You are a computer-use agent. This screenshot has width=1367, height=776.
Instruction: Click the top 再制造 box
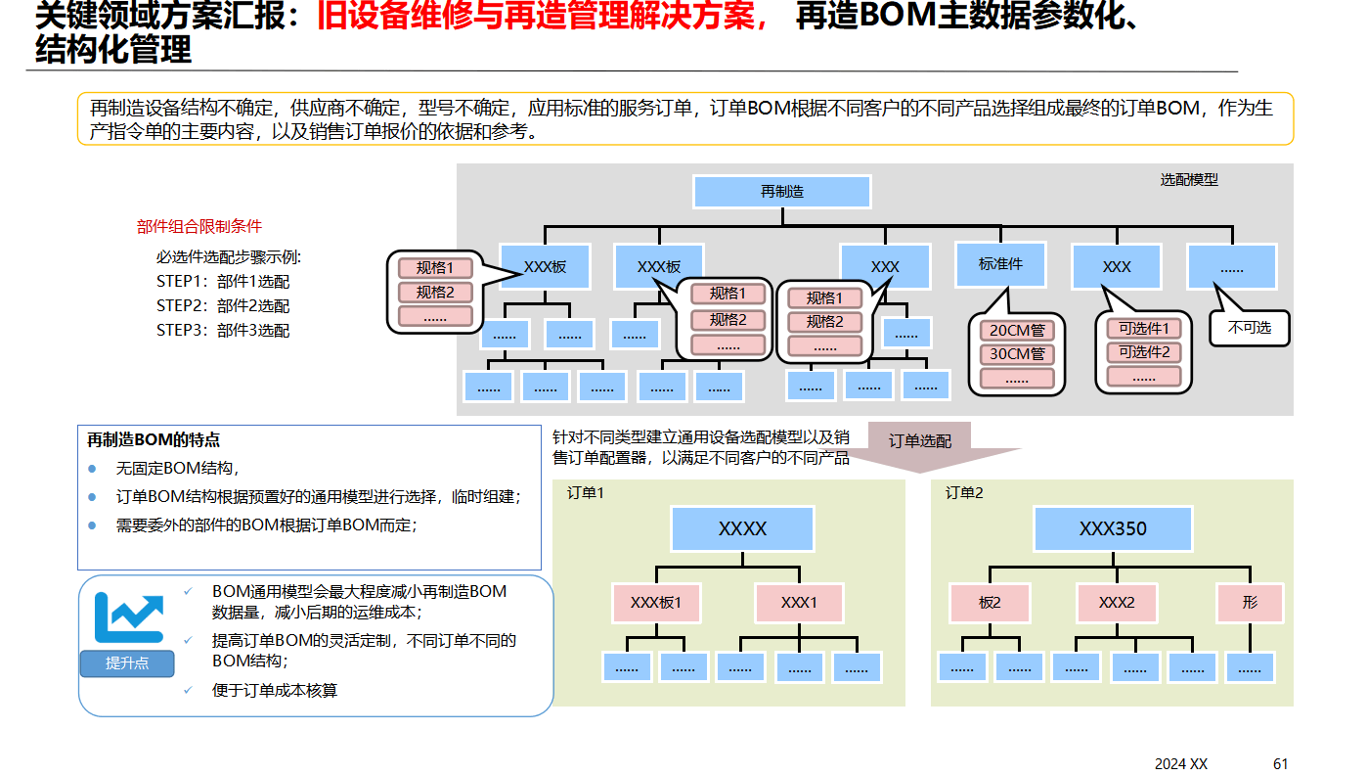pyautogui.click(x=781, y=192)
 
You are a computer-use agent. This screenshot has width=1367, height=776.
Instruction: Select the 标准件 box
pyautogui.click(x=999, y=264)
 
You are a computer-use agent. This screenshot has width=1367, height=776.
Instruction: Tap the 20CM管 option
pyautogui.click(x=1017, y=331)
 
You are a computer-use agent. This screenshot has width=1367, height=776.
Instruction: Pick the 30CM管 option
pyautogui.click(x=1017, y=354)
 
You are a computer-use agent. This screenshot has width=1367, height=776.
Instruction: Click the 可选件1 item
pyautogui.click(x=1143, y=329)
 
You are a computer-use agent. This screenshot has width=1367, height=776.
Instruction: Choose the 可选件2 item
pyautogui.click(x=1143, y=352)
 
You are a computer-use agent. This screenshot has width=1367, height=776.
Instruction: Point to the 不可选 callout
pyautogui.click(x=1250, y=328)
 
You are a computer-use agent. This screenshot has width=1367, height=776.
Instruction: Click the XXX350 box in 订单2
pyautogui.click(x=1113, y=528)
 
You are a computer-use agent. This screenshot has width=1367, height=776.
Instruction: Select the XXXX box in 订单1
pyautogui.click(x=742, y=528)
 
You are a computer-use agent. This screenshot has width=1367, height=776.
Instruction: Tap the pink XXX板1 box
pyautogui.click(x=656, y=603)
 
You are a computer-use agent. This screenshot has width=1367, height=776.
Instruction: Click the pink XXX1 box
pyautogui.click(x=799, y=603)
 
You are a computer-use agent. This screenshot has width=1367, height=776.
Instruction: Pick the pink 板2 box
pyautogui.click(x=990, y=603)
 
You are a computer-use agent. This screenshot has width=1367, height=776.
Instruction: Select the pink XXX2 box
pyautogui.click(x=1116, y=603)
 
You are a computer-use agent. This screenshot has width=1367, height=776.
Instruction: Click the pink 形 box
pyautogui.click(x=1250, y=603)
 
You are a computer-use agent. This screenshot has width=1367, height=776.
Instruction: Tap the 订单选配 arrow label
pyautogui.click(x=919, y=441)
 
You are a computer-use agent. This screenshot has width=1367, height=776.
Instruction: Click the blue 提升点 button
pyautogui.click(x=127, y=662)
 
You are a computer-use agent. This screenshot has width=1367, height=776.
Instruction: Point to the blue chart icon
pyautogui.click(x=128, y=616)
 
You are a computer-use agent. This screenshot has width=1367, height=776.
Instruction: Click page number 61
pyautogui.click(x=1281, y=763)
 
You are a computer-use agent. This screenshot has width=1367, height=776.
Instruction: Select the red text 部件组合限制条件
pyautogui.click(x=199, y=226)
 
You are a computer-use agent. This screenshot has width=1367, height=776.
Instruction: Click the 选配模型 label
pyautogui.click(x=1189, y=180)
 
